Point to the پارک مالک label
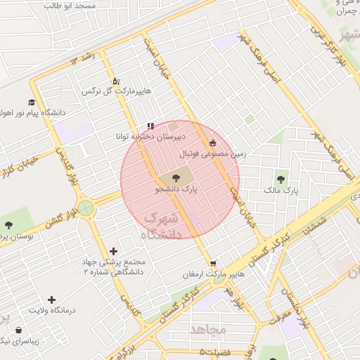click(281, 191)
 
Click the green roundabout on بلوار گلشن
click(85, 207)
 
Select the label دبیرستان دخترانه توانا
click(151, 136)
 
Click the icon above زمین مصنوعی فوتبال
click(212, 143)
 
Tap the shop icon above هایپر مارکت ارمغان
click(213, 264)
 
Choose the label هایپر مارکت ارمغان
click(212, 274)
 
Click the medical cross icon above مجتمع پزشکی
click(114, 250)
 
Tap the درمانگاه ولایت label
click(51, 310)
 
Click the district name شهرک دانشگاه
click(162, 226)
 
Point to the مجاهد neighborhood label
click(208, 328)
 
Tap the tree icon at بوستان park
click(8, 226)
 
